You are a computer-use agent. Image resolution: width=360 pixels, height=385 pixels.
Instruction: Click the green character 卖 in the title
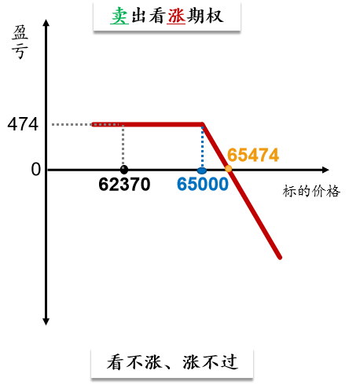119,16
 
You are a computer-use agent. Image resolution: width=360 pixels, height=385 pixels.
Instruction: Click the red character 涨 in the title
176,16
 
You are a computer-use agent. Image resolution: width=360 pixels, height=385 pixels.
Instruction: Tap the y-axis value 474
23,124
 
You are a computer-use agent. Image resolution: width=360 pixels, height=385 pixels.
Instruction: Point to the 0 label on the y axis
36,169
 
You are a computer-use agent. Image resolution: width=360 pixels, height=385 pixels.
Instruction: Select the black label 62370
124,184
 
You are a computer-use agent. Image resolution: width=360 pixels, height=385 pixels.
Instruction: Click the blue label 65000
203,184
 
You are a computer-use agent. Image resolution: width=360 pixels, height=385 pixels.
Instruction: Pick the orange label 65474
253,155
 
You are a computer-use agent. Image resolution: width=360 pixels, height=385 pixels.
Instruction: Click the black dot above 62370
124,170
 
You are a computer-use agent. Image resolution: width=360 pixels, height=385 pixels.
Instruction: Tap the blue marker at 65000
202,170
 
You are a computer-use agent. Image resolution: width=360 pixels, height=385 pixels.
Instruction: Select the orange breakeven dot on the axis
229,169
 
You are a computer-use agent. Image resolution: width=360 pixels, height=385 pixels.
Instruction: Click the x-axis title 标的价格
311,191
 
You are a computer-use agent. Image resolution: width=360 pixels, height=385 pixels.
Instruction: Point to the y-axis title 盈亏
20,42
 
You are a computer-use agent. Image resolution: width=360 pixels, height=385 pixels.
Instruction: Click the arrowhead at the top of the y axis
46,22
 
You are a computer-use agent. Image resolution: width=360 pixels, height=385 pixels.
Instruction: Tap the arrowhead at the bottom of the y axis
46,322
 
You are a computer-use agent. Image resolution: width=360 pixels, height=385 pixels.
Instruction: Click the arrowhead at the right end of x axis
325,170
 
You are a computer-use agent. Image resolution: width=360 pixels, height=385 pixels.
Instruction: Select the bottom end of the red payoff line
280,258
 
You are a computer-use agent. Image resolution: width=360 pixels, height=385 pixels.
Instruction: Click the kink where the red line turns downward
203,124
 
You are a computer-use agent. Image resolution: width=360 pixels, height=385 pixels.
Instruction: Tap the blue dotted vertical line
202,147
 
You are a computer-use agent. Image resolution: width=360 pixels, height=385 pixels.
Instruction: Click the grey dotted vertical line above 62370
123,145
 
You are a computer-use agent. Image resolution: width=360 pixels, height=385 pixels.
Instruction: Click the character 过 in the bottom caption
230,362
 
